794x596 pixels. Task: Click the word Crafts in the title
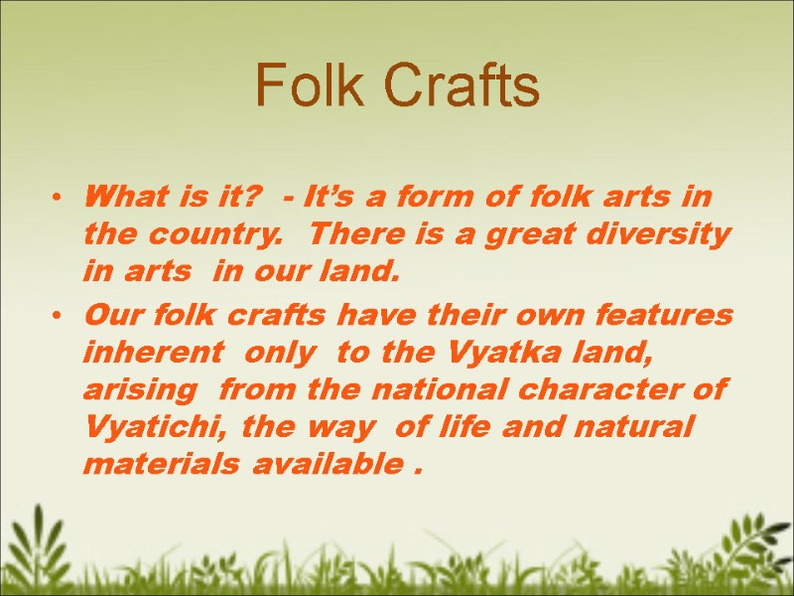click(463, 86)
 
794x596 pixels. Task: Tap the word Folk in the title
click(312, 86)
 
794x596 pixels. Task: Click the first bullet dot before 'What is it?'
click(61, 200)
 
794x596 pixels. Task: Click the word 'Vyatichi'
click(145, 428)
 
